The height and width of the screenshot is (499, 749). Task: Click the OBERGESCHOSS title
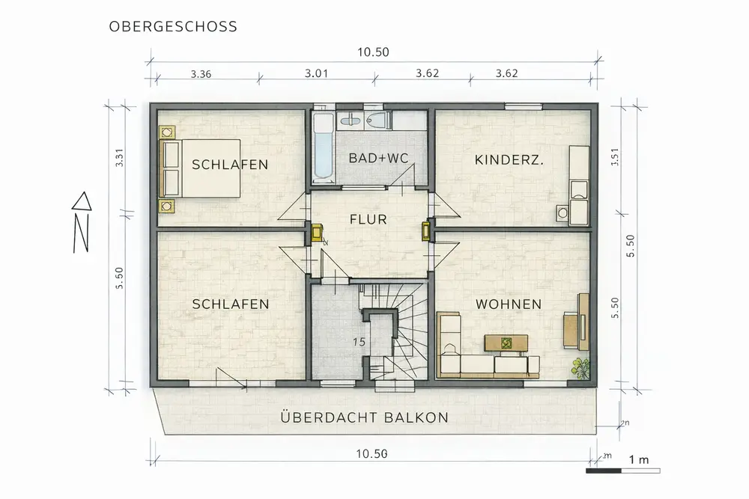[173, 26]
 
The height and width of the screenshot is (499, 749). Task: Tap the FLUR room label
[369, 219]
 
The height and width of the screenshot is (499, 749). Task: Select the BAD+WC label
[379, 159]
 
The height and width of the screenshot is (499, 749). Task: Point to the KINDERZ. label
[509, 160]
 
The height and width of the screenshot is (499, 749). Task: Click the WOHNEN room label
[509, 304]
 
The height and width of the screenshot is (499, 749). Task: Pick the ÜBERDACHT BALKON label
[365, 417]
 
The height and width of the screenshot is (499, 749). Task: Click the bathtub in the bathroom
[323, 147]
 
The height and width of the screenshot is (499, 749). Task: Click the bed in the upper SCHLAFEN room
[200, 168]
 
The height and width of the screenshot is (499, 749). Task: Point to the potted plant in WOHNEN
[581, 368]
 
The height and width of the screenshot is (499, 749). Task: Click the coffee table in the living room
[506, 343]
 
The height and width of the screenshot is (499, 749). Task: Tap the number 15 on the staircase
[359, 342]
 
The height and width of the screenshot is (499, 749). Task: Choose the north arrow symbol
[82, 222]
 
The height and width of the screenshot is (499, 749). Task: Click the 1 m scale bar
[623, 471]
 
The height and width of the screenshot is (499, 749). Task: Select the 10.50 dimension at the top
[374, 52]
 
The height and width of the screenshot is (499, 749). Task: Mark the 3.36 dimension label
[201, 74]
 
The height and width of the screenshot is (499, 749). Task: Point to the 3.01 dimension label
[316, 73]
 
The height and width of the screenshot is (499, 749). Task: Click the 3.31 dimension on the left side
[120, 157]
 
